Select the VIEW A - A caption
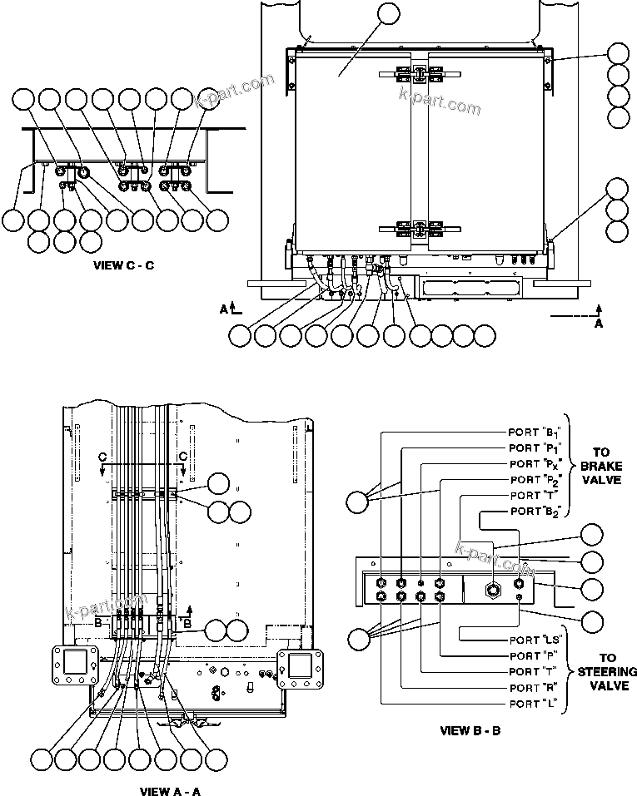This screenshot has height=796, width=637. (170, 791)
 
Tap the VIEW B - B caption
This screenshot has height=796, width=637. (471, 731)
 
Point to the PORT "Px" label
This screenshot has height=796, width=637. (536, 463)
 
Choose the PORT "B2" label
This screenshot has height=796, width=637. (536, 511)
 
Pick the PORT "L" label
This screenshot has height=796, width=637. (535, 704)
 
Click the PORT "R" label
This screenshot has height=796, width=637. (535, 688)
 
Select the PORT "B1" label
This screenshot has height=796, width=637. (536, 432)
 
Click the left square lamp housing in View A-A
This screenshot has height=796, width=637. (73, 665)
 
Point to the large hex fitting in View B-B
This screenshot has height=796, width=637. (492, 589)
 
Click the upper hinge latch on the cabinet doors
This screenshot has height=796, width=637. (413, 74)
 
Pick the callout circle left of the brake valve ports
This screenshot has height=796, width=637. (358, 502)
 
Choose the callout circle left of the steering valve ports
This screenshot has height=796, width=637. (359, 639)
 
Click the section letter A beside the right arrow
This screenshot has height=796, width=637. (599, 324)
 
